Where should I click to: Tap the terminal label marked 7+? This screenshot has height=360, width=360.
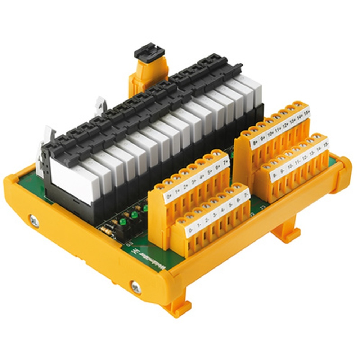click(225, 162)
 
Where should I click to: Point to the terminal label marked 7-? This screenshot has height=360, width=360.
click(246, 194)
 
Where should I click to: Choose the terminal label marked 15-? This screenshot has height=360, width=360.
click(325, 145)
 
